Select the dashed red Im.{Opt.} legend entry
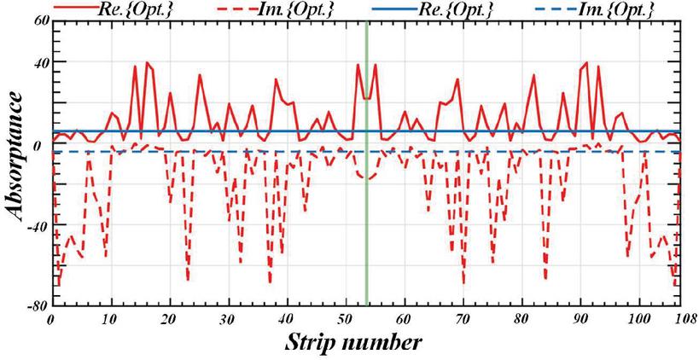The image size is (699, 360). [265, 9]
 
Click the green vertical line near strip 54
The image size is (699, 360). [367, 213]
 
